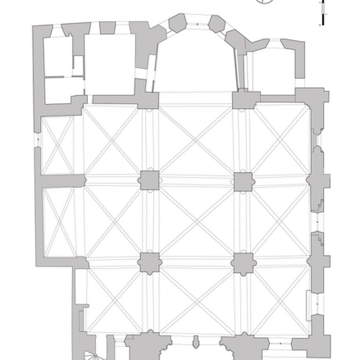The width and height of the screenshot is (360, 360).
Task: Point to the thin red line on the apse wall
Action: pos(245,45)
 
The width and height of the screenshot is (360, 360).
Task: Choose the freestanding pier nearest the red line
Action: pos(243,181)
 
